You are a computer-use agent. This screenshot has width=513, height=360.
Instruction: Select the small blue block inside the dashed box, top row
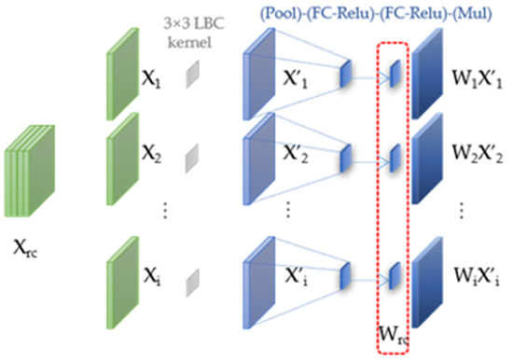(x=395, y=72)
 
